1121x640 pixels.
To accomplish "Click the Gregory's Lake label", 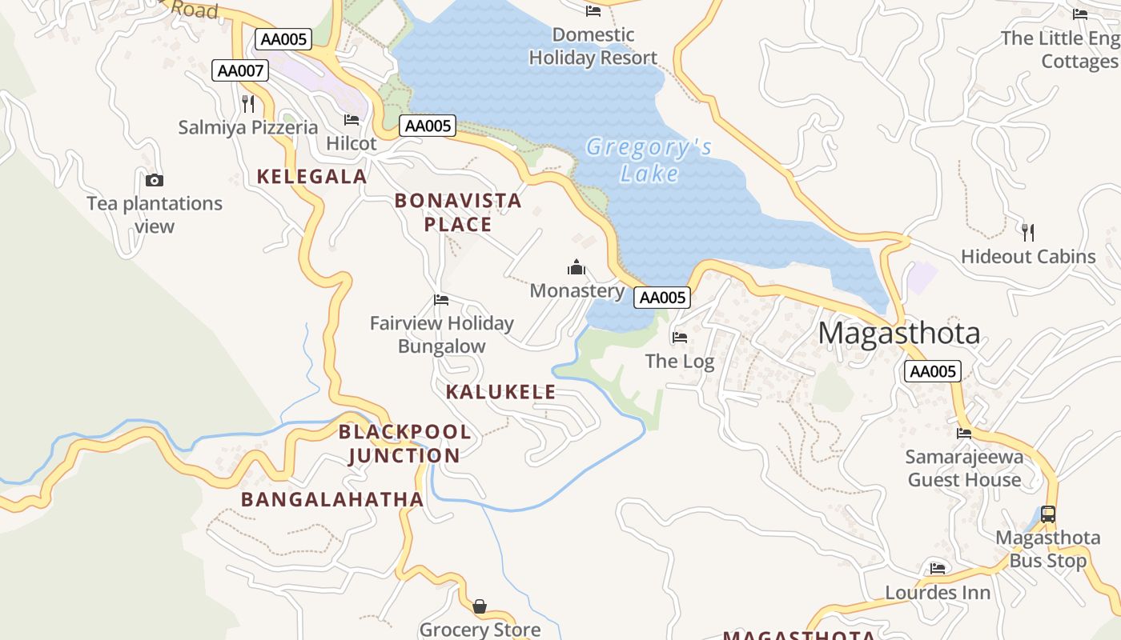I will [649, 160].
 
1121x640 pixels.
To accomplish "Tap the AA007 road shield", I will [240, 70].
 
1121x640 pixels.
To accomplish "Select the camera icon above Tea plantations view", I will [155, 181].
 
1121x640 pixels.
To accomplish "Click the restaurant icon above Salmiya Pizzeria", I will [248, 103].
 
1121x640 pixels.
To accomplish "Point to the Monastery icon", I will [577, 267].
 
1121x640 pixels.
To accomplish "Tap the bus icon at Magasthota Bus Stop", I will [1047, 514].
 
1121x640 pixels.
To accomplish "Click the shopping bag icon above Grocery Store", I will [479, 606].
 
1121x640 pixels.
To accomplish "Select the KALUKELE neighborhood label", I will [500, 392].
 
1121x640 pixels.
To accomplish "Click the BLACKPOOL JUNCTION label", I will [404, 444].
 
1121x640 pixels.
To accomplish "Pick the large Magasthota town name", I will [898, 333].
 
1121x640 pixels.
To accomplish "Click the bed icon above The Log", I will [680, 338].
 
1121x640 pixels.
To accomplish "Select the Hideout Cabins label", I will [1028, 257].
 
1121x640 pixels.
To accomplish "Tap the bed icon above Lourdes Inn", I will [938, 569].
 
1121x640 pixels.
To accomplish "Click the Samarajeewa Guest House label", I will [964, 469].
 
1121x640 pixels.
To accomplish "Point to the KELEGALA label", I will [311, 177].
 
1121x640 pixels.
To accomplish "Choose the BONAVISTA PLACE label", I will [458, 213].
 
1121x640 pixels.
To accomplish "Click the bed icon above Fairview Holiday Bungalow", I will [441, 300].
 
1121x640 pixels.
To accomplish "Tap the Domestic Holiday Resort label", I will [593, 46].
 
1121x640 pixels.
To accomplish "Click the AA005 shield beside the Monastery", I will [662, 298].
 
